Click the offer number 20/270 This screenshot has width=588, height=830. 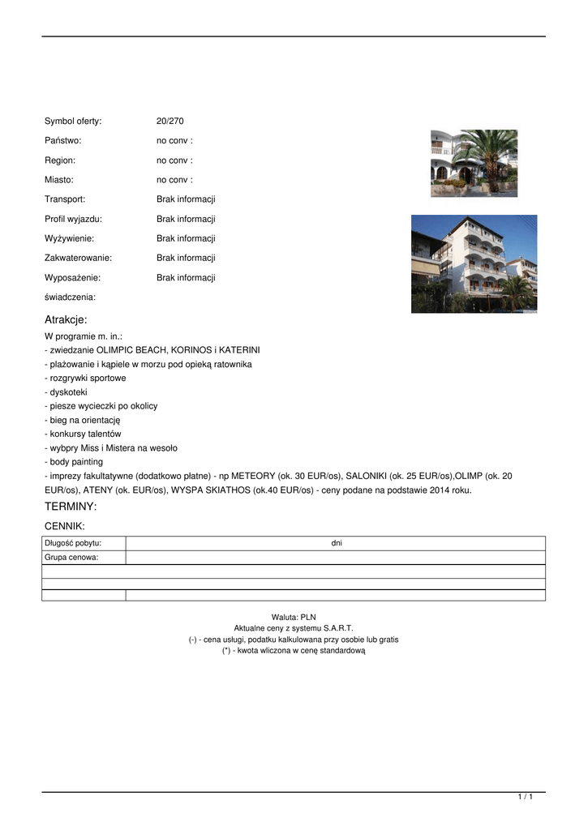pyautogui.click(x=170, y=121)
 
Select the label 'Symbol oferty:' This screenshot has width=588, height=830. pyautogui.click(x=73, y=121)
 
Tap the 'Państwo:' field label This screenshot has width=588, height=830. pyautogui.click(x=62, y=141)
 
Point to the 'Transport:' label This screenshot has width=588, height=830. pyautogui.click(x=65, y=199)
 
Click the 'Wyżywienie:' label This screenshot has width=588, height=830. pyautogui.click(x=69, y=238)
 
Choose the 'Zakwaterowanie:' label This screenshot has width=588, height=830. pyautogui.click(x=78, y=258)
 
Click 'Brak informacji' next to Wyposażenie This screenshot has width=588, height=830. pyautogui.click(x=186, y=277)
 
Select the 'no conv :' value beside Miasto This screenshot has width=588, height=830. pyautogui.click(x=174, y=180)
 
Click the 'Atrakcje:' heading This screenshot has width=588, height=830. pyautogui.click(x=66, y=319)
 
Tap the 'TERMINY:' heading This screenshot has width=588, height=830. pyautogui.click(x=71, y=507)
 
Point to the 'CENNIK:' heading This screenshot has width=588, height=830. pyautogui.click(x=64, y=526)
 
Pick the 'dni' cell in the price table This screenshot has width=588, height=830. pyautogui.click(x=337, y=543)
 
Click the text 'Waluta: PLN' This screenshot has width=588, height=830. pyautogui.click(x=294, y=618)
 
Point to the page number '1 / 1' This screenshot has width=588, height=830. pyautogui.click(x=526, y=798)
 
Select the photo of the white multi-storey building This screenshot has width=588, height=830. pyautogui.click(x=474, y=263)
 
